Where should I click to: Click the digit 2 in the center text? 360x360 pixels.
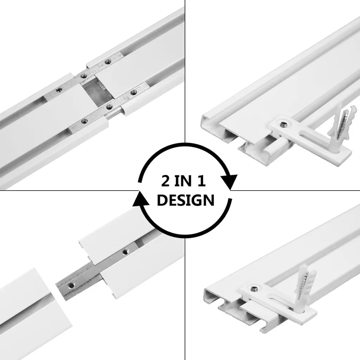(x=167, y=182)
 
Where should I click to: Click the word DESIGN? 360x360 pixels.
(x=185, y=200)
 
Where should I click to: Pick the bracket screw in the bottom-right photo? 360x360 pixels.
(x=253, y=289)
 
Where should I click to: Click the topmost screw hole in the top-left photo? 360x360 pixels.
(x=108, y=61)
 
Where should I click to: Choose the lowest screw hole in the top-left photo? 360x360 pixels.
(x=83, y=121)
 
